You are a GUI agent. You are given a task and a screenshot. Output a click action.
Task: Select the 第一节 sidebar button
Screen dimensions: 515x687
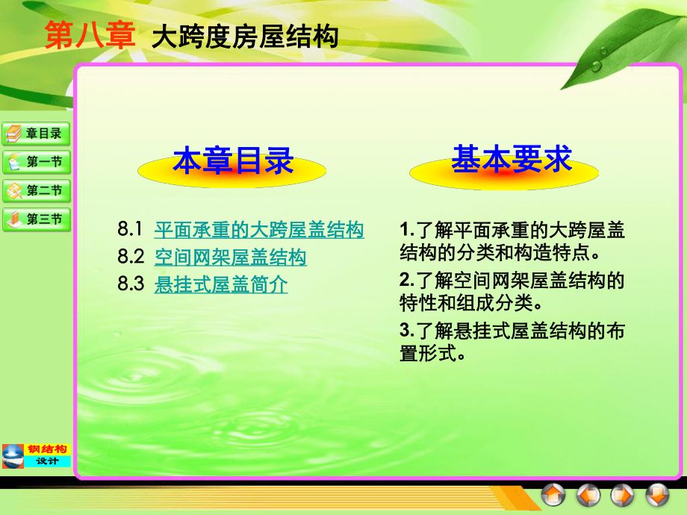point(37,162)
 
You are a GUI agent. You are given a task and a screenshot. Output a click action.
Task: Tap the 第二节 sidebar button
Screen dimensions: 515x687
point(37,190)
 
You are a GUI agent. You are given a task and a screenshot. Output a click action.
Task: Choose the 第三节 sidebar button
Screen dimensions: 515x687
point(37,219)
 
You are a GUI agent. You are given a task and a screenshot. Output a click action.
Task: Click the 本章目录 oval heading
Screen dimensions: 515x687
point(232,162)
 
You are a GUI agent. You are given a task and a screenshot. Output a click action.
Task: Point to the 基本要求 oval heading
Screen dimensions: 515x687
point(511,160)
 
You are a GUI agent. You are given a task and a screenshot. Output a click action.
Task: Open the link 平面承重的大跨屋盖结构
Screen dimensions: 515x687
point(259,230)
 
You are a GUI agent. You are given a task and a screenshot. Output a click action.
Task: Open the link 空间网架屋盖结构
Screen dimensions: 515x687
point(230,257)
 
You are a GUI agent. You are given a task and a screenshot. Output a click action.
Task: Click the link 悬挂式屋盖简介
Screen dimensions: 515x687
point(220,284)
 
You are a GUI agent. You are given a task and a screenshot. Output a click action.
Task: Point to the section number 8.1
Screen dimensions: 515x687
point(129,230)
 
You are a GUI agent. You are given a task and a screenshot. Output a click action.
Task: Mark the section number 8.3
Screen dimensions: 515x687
point(130,284)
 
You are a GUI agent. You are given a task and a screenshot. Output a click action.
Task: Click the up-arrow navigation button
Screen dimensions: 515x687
point(553,494)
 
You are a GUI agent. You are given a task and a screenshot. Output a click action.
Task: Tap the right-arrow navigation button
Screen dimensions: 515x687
point(623,494)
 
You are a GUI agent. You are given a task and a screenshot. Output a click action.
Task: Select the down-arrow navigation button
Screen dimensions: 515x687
point(657,494)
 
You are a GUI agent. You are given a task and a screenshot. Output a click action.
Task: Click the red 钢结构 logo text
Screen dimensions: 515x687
point(47,449)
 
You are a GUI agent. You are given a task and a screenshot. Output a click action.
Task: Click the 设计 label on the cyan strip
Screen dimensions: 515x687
point(47,461)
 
